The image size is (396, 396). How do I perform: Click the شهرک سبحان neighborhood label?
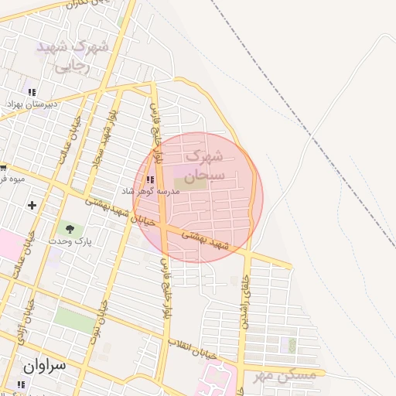pyautogui.click(x=207, y=166)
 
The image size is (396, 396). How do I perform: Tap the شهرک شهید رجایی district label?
pyautogui.click(x=74, y=56)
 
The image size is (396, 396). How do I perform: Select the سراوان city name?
pyautogui.click(x=45, y=366)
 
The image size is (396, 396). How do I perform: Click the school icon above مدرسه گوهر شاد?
pyautogui.click(x=148, y=180)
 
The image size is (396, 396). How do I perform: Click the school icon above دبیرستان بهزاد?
pyautogui.click(x=32, y=91)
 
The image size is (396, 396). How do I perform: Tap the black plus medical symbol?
pyautogui.click(x=32, y=205)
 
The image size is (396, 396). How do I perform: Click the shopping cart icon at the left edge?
pyautogui.click(x=3, y=167)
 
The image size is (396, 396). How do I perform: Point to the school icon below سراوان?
pyautogui.click(x=21, y=384)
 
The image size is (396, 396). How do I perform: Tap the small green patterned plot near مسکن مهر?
pyautogui.click(x=292, y=345)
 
